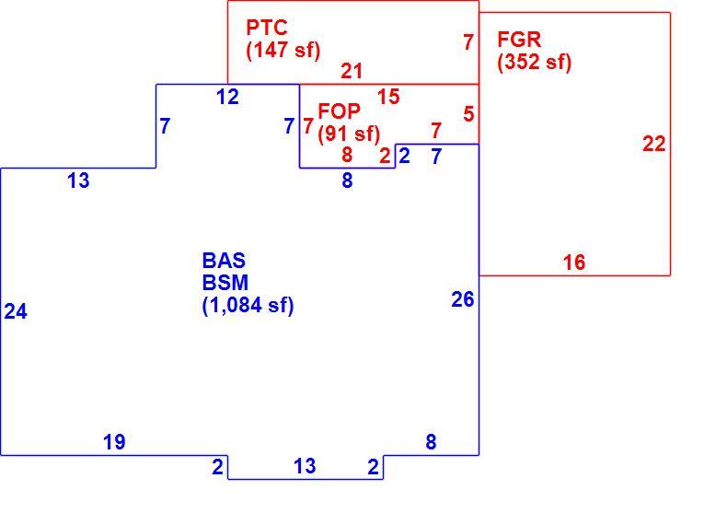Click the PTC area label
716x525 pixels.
(x=267, y=28)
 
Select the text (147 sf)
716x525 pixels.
(x=283, y=50)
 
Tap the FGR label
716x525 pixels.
(x=519, y=40)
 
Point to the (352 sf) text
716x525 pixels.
(x=535, y=62)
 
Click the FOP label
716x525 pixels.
(x=339, y=111)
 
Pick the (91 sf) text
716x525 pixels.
(x=349, y=134)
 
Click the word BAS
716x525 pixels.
(x=224, y=261)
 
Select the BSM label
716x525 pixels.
(x=225, y=283)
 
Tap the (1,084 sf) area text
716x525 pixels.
(x=248, y=305)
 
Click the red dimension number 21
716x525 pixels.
(x=352, y=71)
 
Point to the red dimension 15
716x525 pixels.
(x=388, y=97)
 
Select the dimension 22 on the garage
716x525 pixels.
(x=654, y=144)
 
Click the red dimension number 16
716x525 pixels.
(x=574, y=262)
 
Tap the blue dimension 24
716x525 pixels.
(x=16, y=311)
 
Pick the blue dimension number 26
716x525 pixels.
(x=463, y=299)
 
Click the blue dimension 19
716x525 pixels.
(x=114, y=442)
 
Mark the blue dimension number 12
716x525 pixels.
(x=227, y=97)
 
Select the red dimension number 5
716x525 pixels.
(x=468, y=114)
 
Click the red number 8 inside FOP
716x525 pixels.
(x=347, y=155)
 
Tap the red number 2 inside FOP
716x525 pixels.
(x=385, y=157)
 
